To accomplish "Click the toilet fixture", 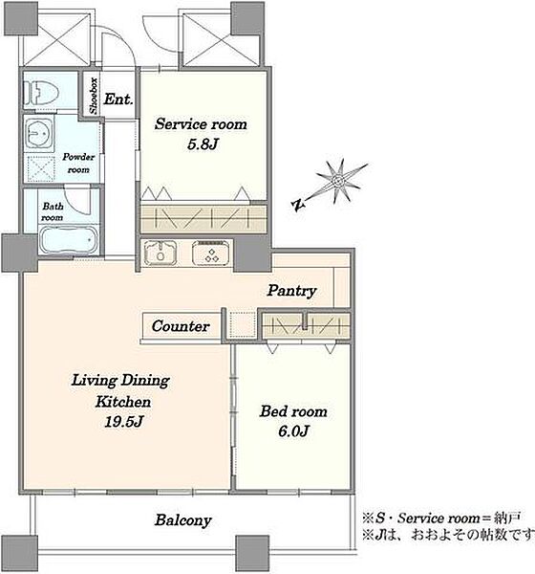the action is (x=41, y=93).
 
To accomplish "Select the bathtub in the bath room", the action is (x=69, y=240).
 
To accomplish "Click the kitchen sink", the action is (x=160, y=253).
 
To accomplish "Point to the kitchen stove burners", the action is (x=211, y=252).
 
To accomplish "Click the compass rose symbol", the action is (x=339, y=181).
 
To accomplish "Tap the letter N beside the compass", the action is (x=299, y=206).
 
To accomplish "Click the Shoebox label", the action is (x=94, y=96).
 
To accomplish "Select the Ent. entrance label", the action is (x=118, y=99).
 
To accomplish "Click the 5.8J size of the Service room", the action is (x=203, y=144).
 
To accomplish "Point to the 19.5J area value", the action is (x=123, y=422).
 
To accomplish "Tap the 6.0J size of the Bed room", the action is (x=293, y=430).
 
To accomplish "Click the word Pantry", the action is (x=291, y=291).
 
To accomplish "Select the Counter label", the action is (x=181, y=326).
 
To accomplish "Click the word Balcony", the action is (x=182, y=520).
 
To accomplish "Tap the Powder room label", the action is (x=78, y=164).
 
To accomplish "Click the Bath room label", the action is (x=53, y=211).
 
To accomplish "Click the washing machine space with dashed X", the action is (x=40, y=168).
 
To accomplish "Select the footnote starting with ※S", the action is (x=441, y=518).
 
